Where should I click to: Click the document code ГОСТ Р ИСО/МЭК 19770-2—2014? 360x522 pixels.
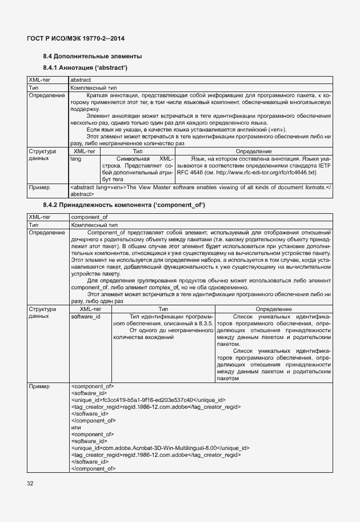tap(75, 38)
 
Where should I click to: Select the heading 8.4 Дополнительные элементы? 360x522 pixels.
tap(93, 57)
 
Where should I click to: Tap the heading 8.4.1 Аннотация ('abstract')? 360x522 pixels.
tap(85, 68)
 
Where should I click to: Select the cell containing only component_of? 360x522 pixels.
tap(89, 217)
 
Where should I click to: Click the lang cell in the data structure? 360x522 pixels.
tap(75, 158)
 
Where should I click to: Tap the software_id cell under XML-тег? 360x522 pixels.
tap(86, 316)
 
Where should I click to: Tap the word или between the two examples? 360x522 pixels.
tap(75, 427)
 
